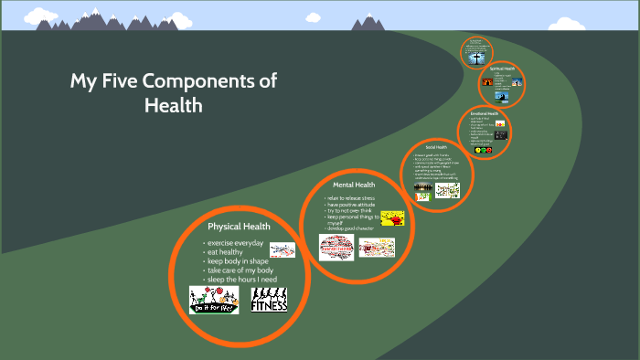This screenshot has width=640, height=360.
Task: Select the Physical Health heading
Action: pyautogui.click(x=239, y=227)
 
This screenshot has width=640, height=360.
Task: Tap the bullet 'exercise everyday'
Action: pyautogui.click(x=236, y=243)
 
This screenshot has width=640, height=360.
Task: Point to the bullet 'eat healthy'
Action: pyautogui.click(x=227, y=252)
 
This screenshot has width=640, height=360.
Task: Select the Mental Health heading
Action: pyautogui.click(x=354, y=185)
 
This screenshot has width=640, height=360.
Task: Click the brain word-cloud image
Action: pyautogui.click(x=336, y=247)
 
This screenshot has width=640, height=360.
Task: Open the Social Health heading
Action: pyautogui.click(x=436, y=146)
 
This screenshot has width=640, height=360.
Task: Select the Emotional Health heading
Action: pyautogui.click(x=484, y=113)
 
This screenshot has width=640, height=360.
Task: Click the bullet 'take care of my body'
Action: pyautogui.click(x=240, y=270)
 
